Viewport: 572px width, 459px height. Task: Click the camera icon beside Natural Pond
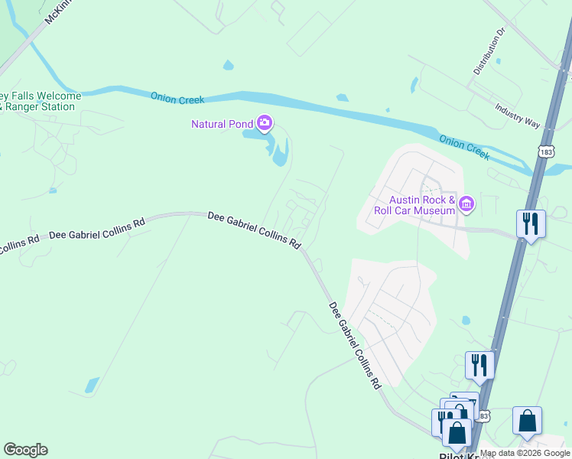265,122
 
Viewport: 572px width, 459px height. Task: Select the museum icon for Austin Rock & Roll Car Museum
466,204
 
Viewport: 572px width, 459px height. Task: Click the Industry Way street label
517,115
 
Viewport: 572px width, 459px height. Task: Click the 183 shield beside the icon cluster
482,415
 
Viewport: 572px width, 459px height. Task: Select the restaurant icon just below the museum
530,223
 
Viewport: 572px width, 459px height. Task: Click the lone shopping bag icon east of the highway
527,420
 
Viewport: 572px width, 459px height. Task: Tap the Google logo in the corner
25,450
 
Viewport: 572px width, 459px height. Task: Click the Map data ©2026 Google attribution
525,453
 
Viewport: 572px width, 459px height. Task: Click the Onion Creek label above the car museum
463,147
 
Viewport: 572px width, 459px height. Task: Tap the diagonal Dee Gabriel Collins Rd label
355,346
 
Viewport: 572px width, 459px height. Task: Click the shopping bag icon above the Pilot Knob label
457,433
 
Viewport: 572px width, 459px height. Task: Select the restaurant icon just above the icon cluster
479,365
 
